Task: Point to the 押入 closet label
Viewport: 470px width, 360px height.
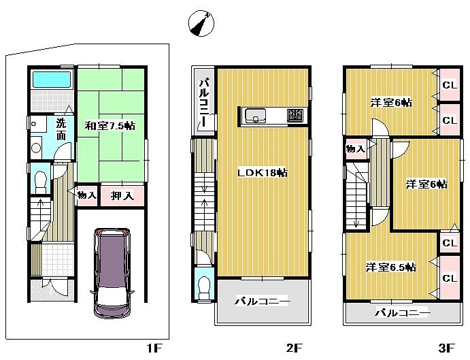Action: click(123, 195)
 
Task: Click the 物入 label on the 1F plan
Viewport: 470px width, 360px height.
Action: click(87, 195)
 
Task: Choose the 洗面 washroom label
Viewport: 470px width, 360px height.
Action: click(61, 130)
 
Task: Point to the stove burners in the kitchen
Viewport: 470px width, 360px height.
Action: click(295, 116)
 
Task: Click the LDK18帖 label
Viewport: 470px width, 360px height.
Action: click(262, 173)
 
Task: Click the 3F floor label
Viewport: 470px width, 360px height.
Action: click(446, 348)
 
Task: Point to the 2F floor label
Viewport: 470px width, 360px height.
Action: click(294, 348)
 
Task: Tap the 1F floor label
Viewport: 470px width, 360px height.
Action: click(153, 348)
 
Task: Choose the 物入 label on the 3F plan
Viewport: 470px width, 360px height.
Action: click(354, 148)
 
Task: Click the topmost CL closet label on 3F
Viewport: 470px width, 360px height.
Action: click(448, 85)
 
